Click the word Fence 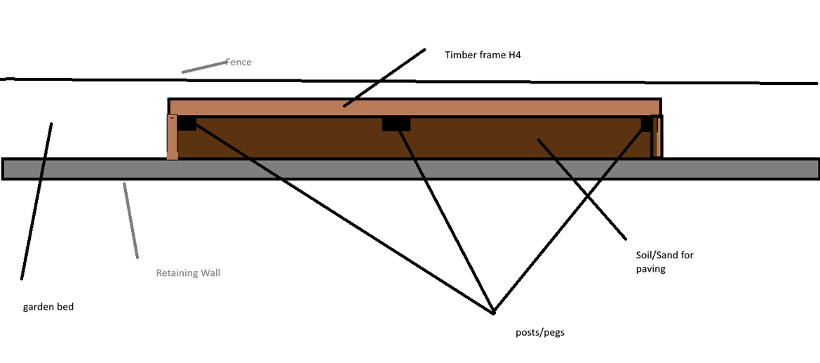(x=238, y=62)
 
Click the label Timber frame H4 (x=483, y=55)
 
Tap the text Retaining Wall (x=188, y=272)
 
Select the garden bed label (x=48, y=307)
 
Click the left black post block (x=187, y=124)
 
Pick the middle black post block (x=396, y=124)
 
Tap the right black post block (x=647, y=124)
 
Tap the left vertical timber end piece (x=172, y=137)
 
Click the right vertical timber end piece (x=658, y=136)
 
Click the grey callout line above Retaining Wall (x=130, y=220)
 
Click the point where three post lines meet (x=492, y=312)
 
